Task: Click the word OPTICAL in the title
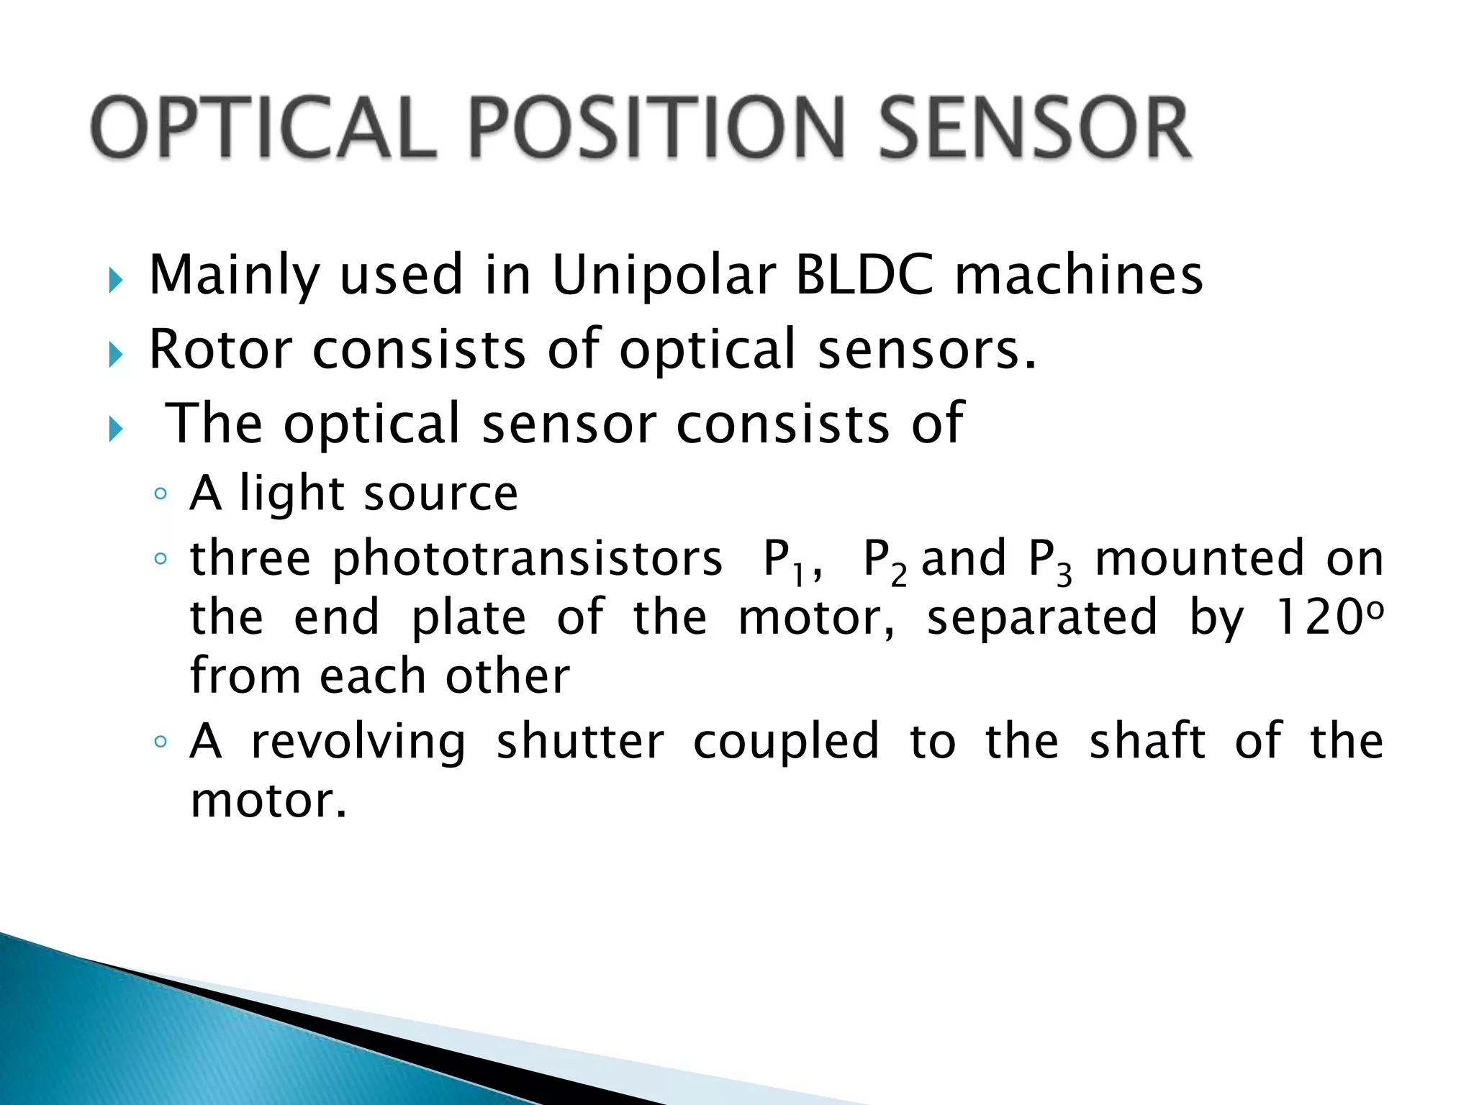pyautogui.click(x=264, y=128)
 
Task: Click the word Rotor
pyautogui.click(x=220, y=349)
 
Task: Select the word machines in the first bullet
pyautogui.click(x=1078, y=276)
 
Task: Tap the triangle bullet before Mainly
pyautogui.click(x=116, y=279)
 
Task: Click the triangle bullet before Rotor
pyautogui.click(x=116, y=354)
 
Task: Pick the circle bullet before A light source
pyautogui.click(x=160, y=494)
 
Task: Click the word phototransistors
pyautogui.click(x=527, y=559)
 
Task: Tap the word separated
pyautogui.click(x=1041, y=617)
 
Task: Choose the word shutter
pyautogui.click(x=580, y=742)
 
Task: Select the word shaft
pyautogui.click(x=1147, y=742)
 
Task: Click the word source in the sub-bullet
pyautogui.click(x=440, y=494)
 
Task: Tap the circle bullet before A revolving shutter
pyautogui.click(x=160, y=742)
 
